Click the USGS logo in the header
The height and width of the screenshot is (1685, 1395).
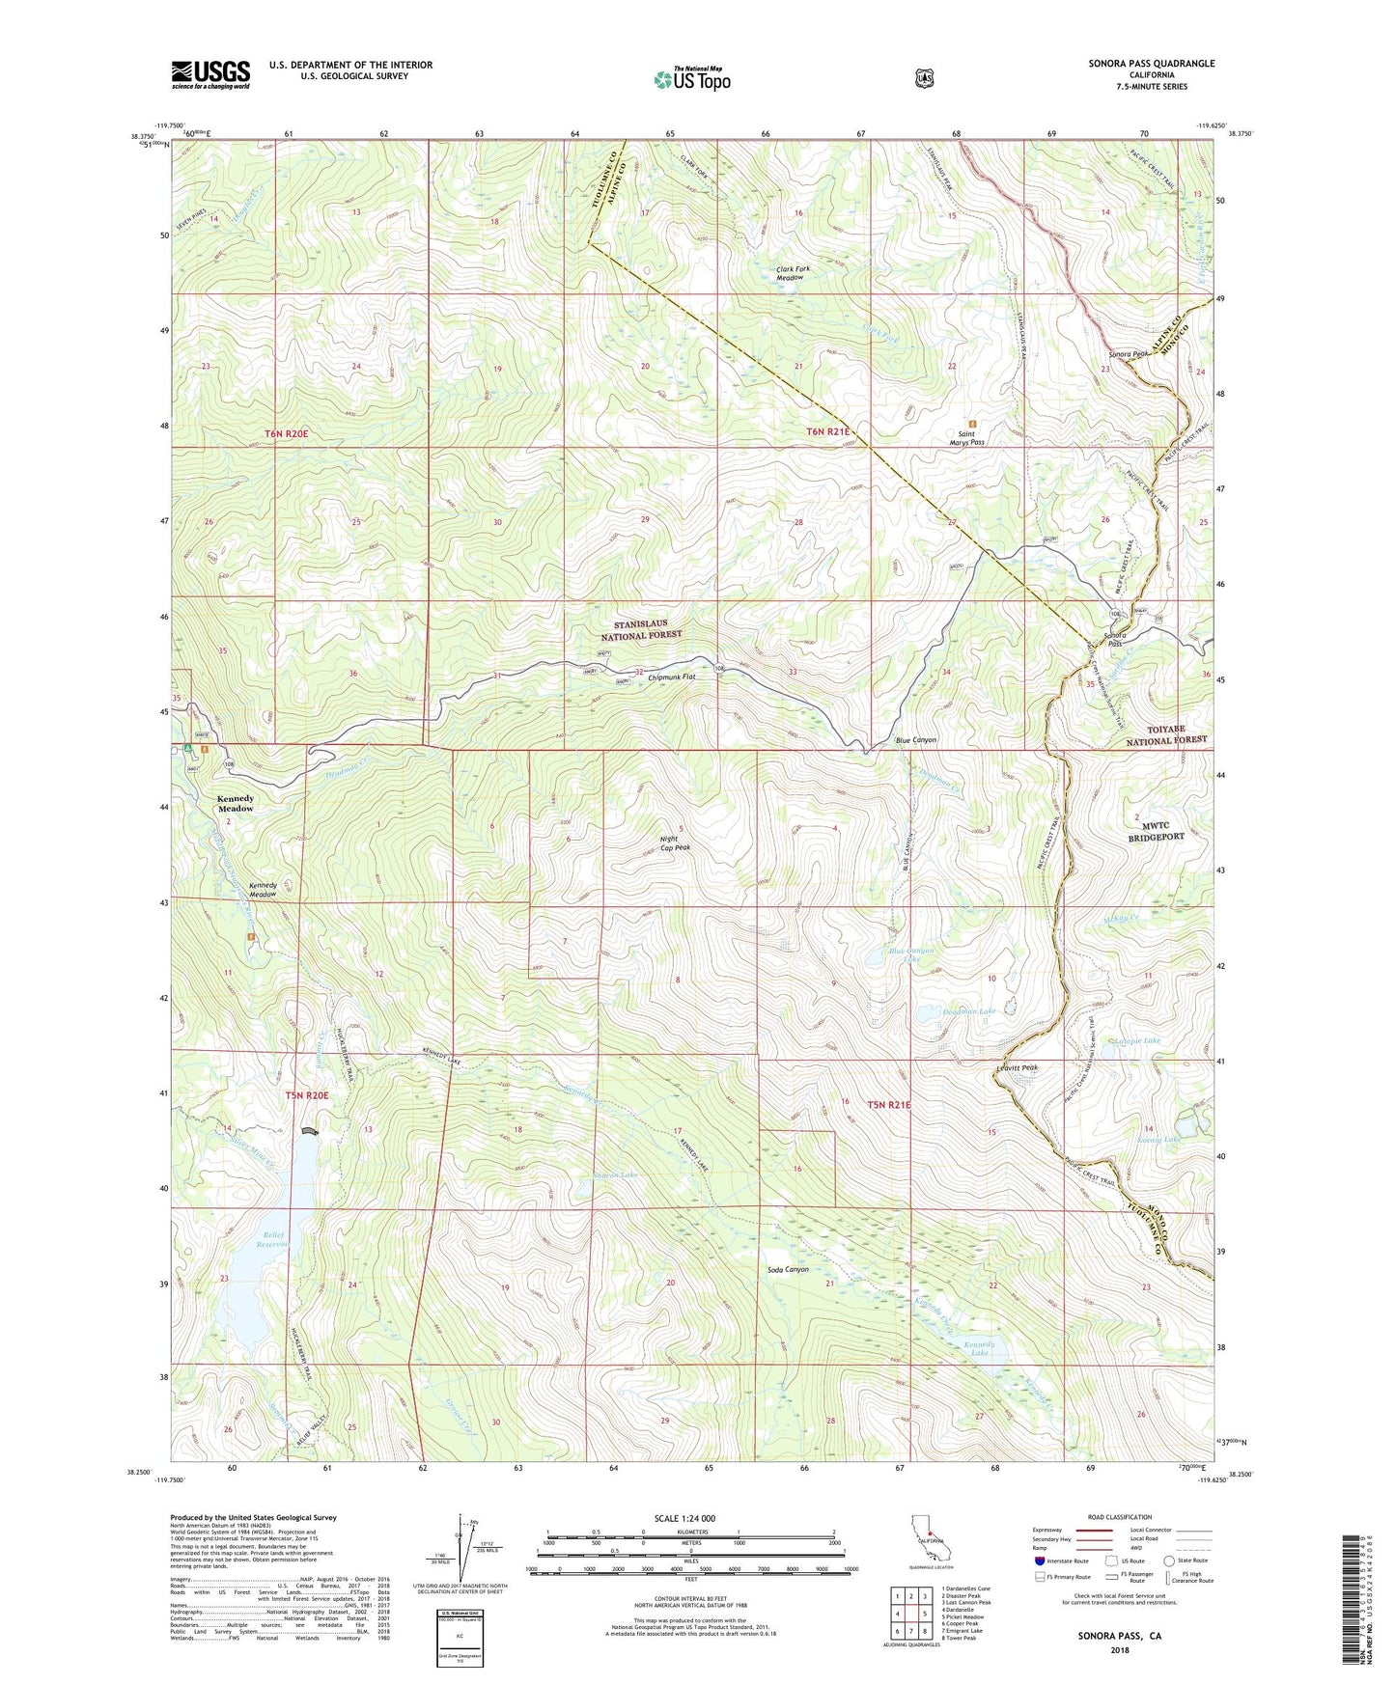[x=210, y=74]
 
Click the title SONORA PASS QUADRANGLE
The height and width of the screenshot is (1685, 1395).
[x=1146, y=64]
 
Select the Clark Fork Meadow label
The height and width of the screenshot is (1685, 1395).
[x=790, y=273]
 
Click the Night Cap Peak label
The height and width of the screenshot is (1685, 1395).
[x=676, y=842]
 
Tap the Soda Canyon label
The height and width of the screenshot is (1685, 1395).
[x=788, y=1269]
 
